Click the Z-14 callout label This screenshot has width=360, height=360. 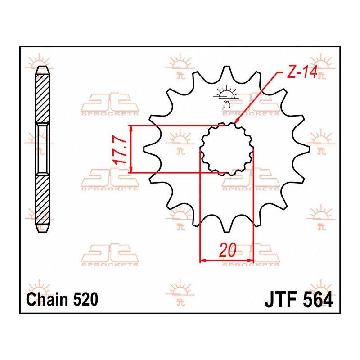302,72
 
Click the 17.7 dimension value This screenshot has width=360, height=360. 121,151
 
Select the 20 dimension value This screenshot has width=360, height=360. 228,250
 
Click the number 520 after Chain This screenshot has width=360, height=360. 85,299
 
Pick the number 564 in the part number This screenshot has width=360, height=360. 318,300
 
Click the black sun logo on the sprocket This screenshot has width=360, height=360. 226,97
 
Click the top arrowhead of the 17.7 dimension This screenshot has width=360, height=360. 131,129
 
